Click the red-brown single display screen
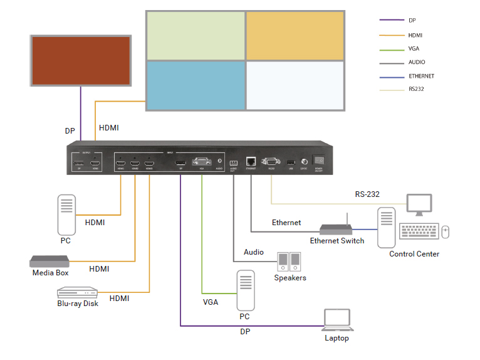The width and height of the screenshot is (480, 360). coord(81,61)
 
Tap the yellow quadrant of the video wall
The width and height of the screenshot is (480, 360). coord(295,35)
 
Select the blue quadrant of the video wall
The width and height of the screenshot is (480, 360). coord(196,85)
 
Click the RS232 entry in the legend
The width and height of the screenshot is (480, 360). coord(416,89)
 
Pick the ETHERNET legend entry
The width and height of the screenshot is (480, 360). coord(420,76)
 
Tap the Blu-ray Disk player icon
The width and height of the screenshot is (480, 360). coord(78,293)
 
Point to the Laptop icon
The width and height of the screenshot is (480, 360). coord(337,320)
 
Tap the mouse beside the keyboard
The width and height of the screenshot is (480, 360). coord(446,231)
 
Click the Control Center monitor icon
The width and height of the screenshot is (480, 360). coord(419,204)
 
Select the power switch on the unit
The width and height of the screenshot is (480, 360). coord(318,161)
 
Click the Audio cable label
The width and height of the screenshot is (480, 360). coord(254,251)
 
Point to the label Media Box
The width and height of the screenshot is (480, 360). coord(50,273)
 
